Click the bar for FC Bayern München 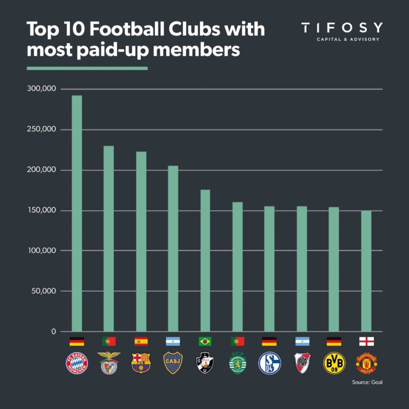pos(77,214)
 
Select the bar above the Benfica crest pos(109,239)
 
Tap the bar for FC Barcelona pos(141,242)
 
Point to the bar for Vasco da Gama pos(205,260)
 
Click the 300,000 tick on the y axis pos(42,89)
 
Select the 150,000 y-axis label pos(42,210)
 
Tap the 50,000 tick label pos(44,291)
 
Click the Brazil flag pos(205,341)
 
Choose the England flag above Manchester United pos(366,341)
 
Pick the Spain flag pos(141,341)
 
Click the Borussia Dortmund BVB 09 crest pos(334,363)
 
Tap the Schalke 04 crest pos(270,363)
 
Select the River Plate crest pos(302,363)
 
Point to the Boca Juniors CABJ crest pos(173,363)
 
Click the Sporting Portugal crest pos(237,362)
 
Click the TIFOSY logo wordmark pos(342,28)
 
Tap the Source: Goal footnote pos(367,382)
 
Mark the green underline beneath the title pos(87,68)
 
